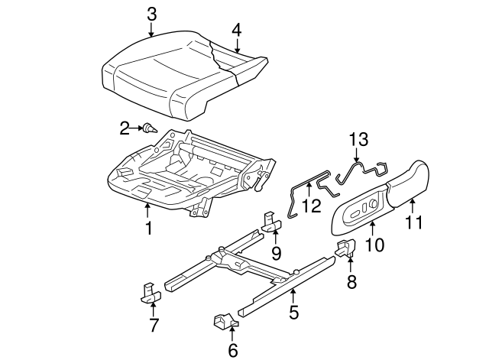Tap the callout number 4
point(236,30)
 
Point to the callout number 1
point(149,227)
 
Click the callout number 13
point(358,139)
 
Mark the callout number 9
point(276,251)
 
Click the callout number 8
point(351,281)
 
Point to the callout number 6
point(233,350)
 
